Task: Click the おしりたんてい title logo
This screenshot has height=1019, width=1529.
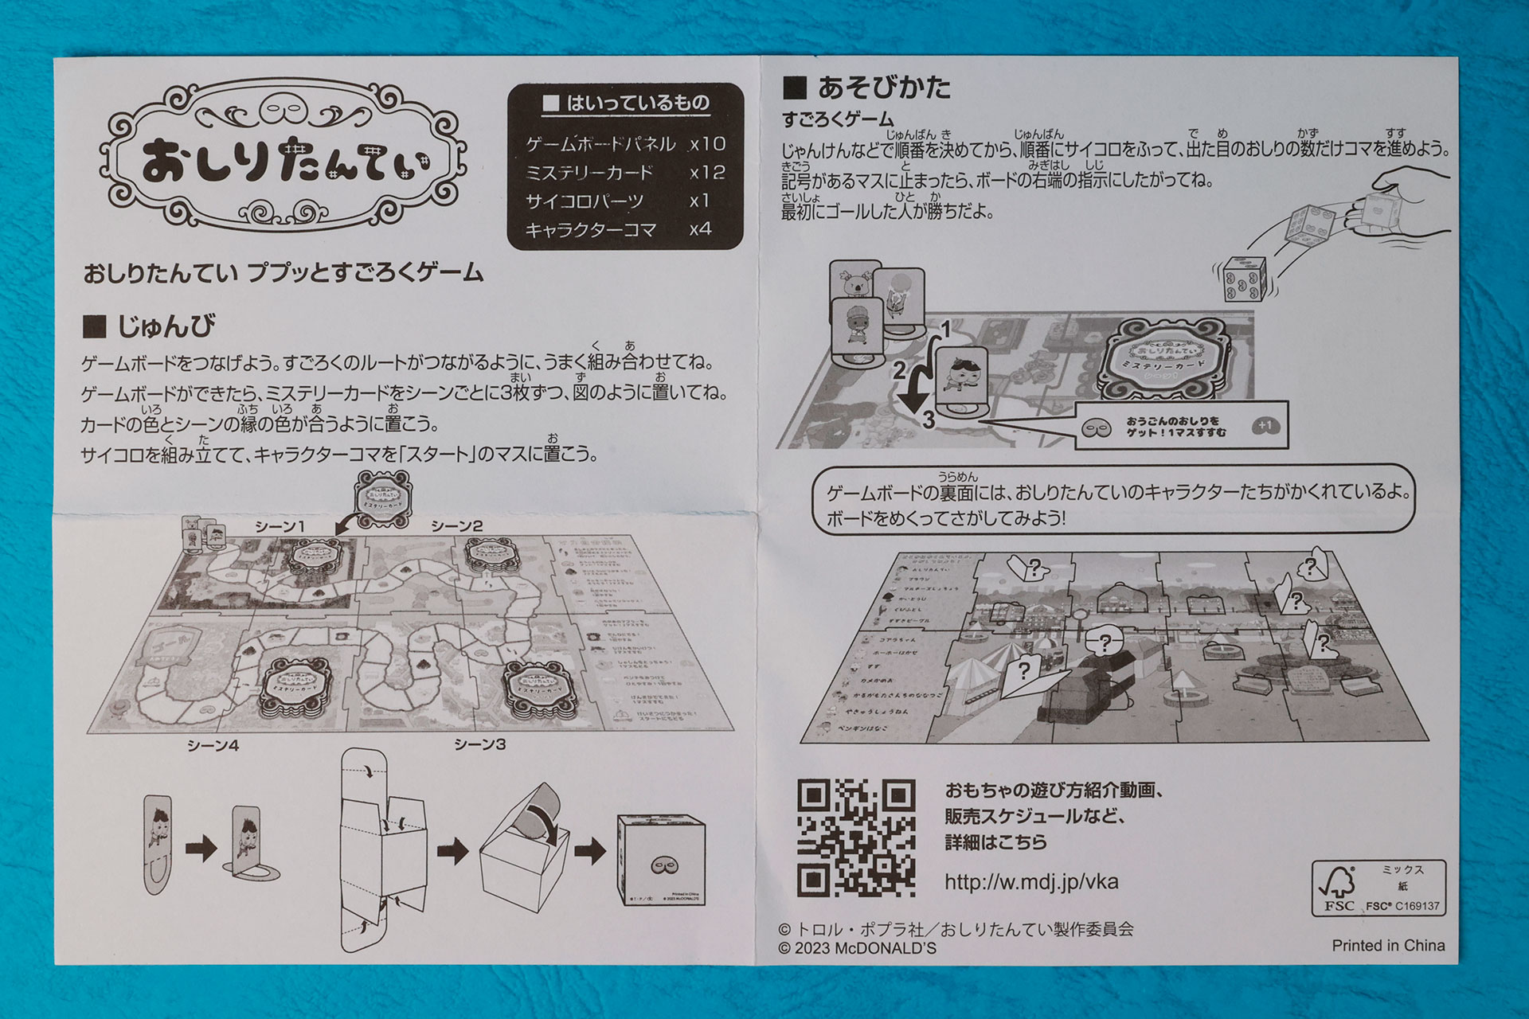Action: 285,158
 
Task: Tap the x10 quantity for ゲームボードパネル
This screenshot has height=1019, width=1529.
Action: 707,144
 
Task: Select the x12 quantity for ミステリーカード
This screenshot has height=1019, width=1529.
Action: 707,173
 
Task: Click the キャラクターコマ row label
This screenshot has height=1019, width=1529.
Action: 591,230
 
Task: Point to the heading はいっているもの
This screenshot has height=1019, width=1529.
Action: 627,103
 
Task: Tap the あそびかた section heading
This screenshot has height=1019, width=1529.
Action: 868,87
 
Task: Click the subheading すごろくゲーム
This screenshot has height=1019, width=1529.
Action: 838,119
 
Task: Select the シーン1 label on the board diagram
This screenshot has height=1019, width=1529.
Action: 280,526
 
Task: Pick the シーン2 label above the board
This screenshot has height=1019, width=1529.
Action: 457,525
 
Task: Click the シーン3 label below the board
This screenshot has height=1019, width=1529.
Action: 479,744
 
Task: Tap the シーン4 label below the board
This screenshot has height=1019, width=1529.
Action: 213,745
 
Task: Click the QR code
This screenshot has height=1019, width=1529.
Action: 856,838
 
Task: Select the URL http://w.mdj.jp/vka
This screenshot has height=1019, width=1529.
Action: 1031,882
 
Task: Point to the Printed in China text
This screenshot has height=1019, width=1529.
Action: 1388,946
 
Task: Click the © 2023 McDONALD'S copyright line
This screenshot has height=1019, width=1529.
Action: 857,948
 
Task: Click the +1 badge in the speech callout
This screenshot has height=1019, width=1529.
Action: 1265,426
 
